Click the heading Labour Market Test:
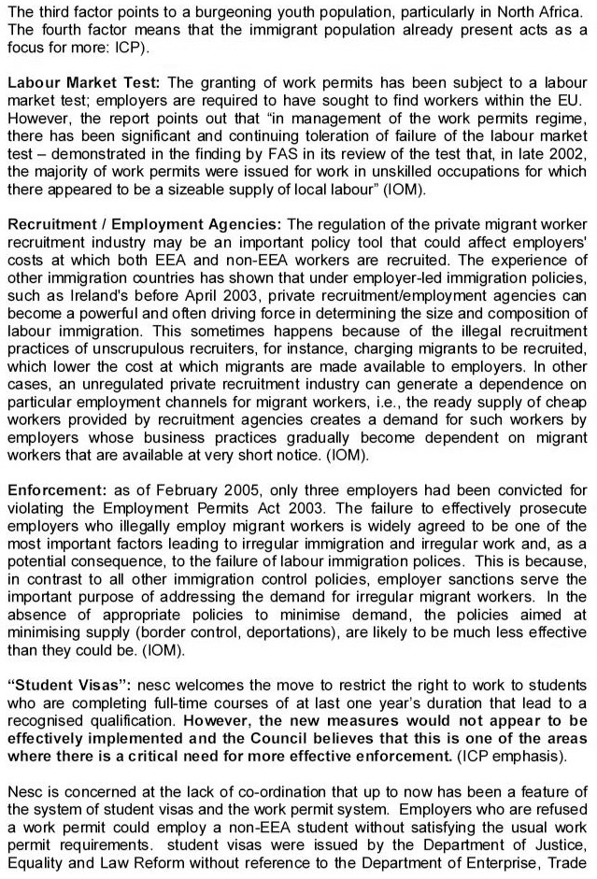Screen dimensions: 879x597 [x=83, y=83]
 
